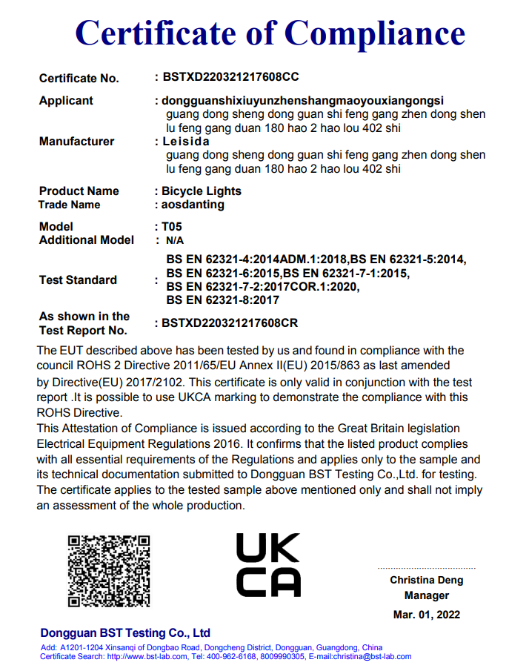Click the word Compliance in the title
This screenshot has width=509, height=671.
tap(375, 33)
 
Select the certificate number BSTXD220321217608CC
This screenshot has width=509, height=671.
tap(230, 77)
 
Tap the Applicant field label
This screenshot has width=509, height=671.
tap(66, 100)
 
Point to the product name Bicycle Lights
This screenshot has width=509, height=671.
tap(202, 191)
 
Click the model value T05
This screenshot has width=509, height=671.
tap(171, 226)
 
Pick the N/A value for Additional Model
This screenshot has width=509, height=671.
tap(175, 240)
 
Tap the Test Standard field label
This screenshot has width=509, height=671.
tap(78, 280)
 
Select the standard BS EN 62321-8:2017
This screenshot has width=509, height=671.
tap(222, 300)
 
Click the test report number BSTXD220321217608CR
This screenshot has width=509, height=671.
tap(230, 323)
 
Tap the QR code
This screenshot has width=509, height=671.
tap(109, 571)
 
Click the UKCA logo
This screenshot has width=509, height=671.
tap(268, 565)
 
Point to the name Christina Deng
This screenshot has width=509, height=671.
tap(427, 580)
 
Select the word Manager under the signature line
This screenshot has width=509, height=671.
tap(427, 595)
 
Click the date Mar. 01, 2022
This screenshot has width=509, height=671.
tap(427, 615)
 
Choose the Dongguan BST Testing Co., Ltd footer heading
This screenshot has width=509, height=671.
tap(125, 633)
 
